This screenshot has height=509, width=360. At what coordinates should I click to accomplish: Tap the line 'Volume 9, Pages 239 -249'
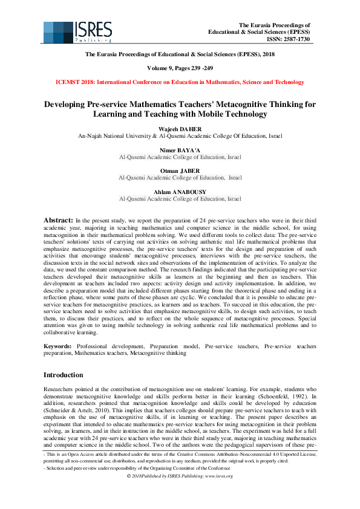click(x=180, y=68)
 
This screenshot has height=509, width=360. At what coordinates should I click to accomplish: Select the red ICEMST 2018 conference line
click(x=180, y=82)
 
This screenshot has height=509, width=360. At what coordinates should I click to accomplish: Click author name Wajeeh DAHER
click(x=180, y=129)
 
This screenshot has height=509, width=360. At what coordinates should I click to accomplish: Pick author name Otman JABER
click(x=180, y=171)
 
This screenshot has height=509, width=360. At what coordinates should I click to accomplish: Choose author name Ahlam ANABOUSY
click(x=180, y=191)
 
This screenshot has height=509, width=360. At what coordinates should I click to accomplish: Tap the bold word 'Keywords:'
click(x=59, y=346)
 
